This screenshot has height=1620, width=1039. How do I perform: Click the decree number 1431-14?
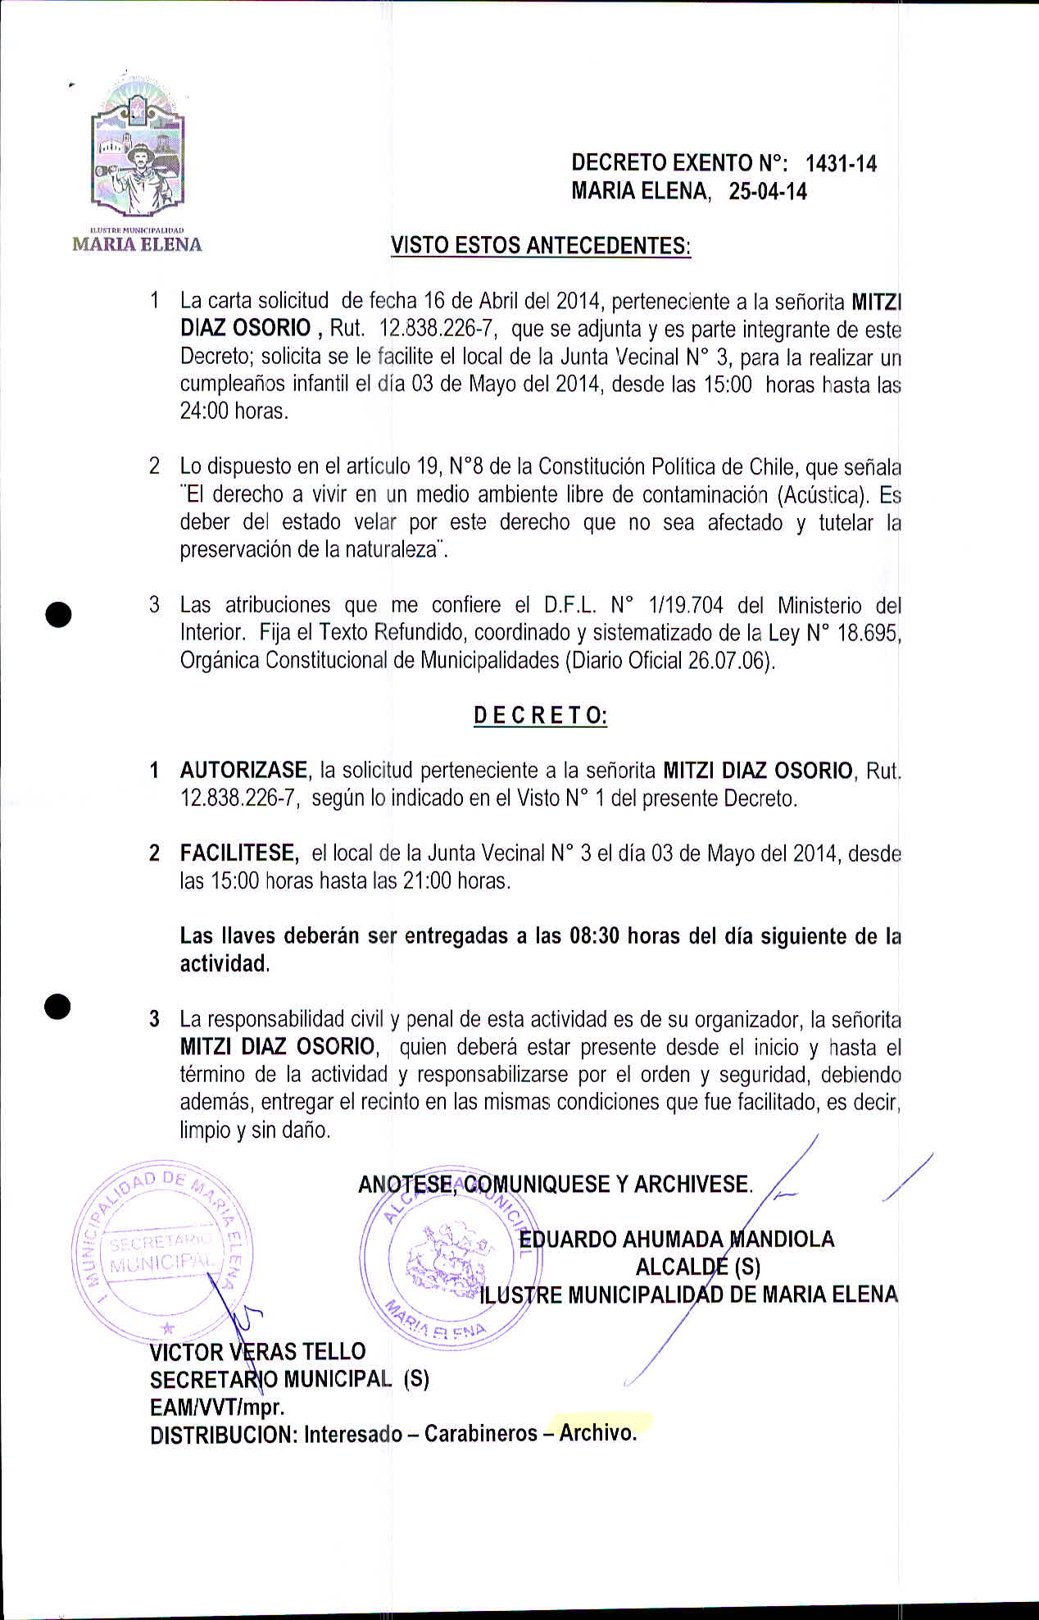pyautogui.click(x=841, y=164)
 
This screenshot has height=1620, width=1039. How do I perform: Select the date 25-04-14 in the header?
pyautogui.click(x=768, y=192)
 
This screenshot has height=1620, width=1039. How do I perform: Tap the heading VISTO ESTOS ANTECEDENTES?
pyautogui.click(x=541, y=245)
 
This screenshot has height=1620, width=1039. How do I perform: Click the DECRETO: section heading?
pyautogui.click(x=540, y=716)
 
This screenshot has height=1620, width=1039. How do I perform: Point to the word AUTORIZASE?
pyautogui.click(x=243, y=771)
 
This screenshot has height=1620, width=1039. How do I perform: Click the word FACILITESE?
pyautogui.click(x=238, y=853)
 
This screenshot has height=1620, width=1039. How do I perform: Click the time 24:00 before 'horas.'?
pyautogui.click(x=204, y=411)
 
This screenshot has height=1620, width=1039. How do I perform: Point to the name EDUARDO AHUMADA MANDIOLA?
pyautogui.click(x=677, y=1239)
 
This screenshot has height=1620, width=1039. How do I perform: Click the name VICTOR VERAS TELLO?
pyautogui.click(x=257, y=1351)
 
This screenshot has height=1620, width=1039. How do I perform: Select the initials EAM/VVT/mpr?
pyautogui.click(x=217, y=1407)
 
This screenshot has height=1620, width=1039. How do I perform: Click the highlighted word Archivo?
pyautogui.click(x=597, y=1433)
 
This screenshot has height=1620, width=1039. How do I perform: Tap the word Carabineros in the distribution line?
pyautogui.click(x=481, y=1434)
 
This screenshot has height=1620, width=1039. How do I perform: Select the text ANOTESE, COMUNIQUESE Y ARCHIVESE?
pyautogui.click(x=555, y=1185)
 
